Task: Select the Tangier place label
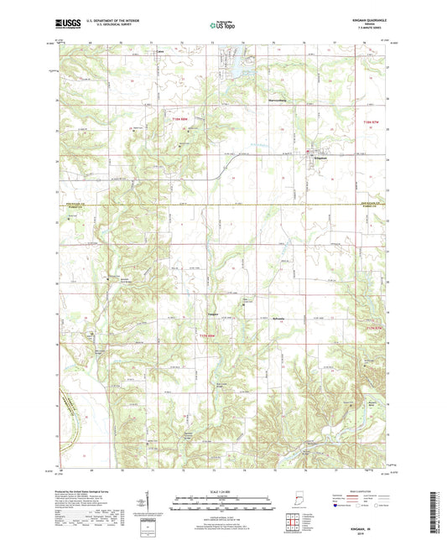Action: [213, 314]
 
